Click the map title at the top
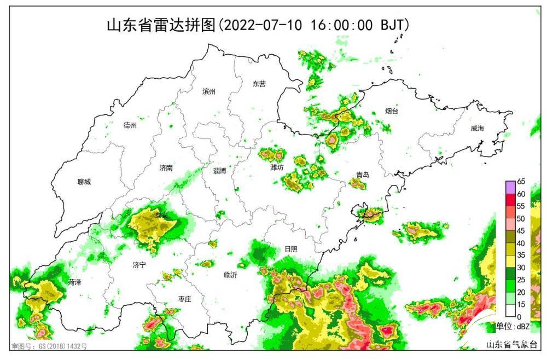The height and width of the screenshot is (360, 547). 257,25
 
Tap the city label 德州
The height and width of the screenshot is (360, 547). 130,125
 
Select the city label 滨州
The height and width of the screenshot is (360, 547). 208,91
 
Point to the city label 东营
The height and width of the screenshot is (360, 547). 259,84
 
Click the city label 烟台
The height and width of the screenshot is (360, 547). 392,111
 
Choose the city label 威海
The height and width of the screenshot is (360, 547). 477,129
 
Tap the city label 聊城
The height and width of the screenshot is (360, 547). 84,182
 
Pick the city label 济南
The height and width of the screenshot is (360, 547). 166,168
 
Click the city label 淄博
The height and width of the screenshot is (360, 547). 220,171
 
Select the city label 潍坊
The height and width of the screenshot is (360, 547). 277,167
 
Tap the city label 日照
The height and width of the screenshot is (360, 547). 291,248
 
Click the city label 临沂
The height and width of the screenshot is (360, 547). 231,275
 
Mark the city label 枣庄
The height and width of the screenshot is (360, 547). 184,299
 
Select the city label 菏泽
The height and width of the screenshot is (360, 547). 75,282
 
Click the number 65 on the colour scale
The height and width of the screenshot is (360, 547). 521,182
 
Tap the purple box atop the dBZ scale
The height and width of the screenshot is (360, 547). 510,187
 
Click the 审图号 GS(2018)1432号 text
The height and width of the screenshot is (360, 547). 49,346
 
